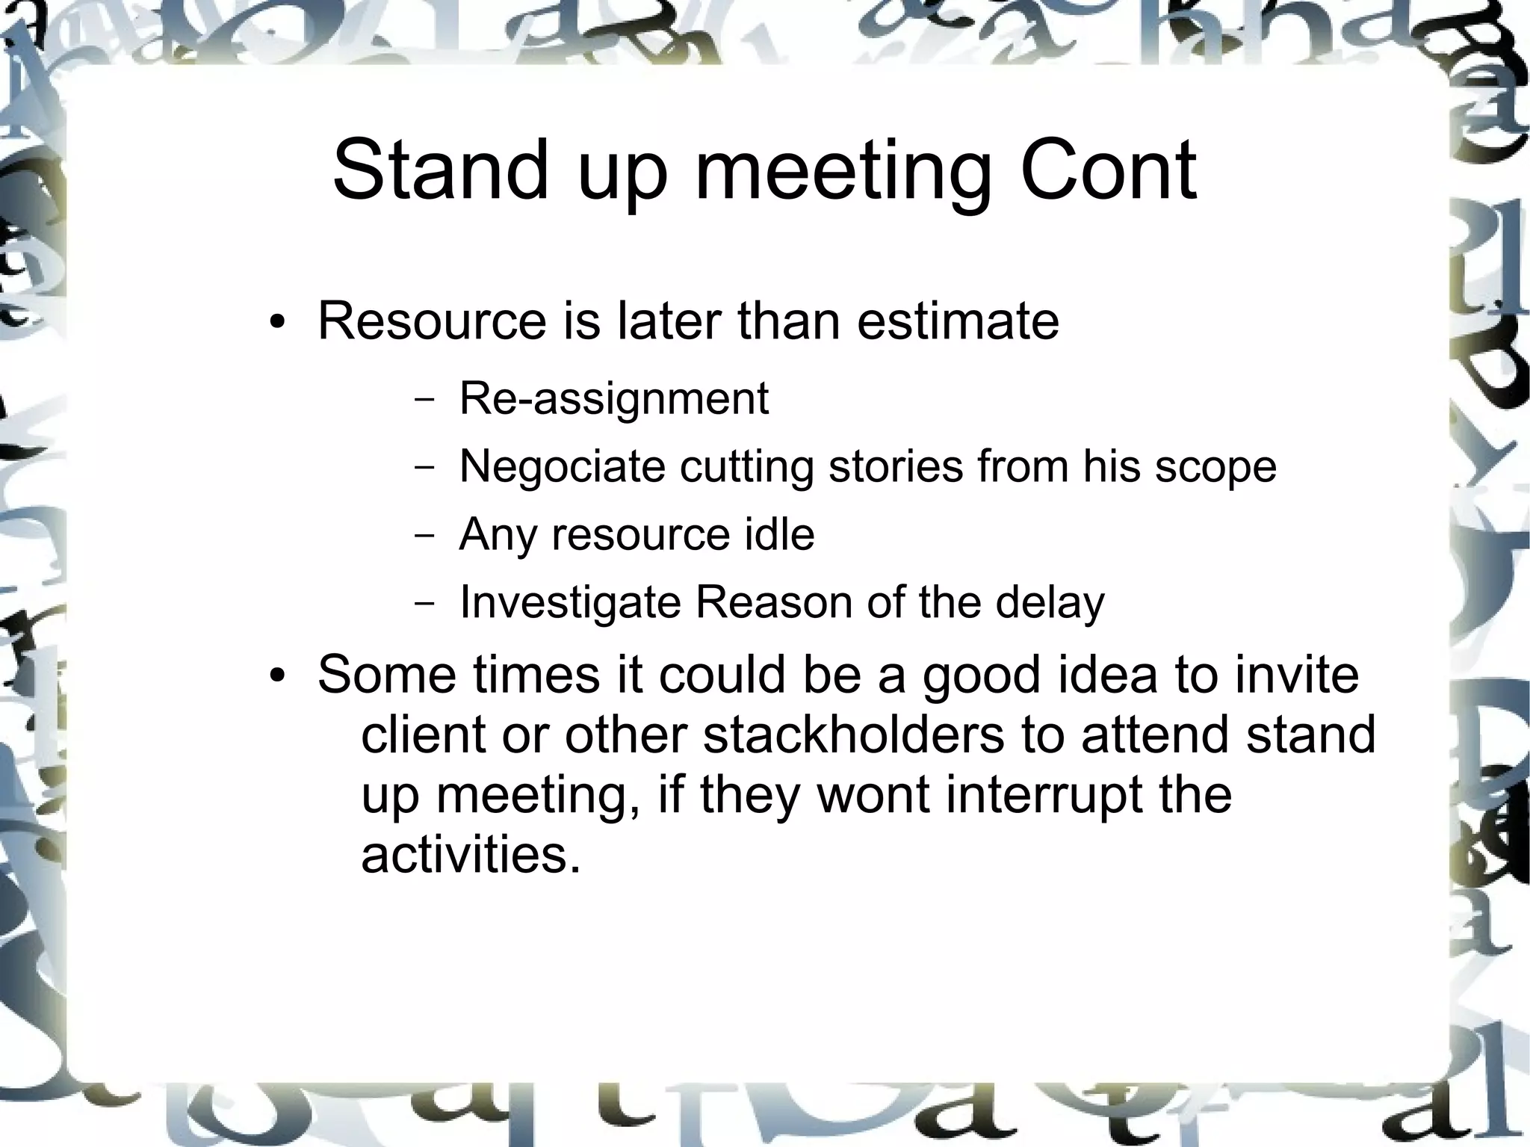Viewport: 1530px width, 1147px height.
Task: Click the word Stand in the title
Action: (x=441, y=170)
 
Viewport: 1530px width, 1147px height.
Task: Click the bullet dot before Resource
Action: (x=278, y=324)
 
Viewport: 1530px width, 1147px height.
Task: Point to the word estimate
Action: (x=958, y=321)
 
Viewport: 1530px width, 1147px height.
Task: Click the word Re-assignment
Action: (x=613, y=398)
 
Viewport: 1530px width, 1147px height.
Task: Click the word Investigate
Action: (x=570, y=603)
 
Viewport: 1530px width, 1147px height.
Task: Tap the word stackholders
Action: (x=853, y=734)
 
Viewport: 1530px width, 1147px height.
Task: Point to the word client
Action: (x=423, y=734)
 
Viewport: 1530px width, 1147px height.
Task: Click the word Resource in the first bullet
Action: (x=433, y=321)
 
